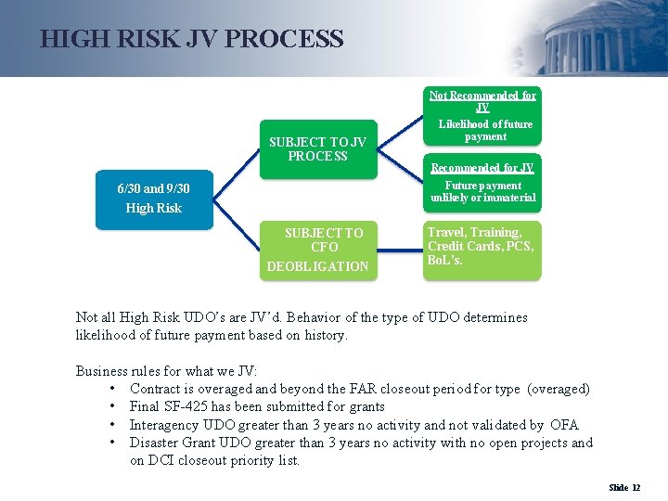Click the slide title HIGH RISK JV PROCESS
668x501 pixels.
(192, 39)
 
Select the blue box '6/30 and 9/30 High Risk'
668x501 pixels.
(154, 199)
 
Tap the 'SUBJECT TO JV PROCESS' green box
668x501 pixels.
(317, 148)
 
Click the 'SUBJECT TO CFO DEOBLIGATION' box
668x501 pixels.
(317, 249)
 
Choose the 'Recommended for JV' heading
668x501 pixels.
(482, 168)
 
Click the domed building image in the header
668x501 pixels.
(594, 39)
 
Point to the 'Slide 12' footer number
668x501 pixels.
(624, 487)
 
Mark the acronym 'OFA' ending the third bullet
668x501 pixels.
(563, 425)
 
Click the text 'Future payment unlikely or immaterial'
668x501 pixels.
(482, 191)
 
